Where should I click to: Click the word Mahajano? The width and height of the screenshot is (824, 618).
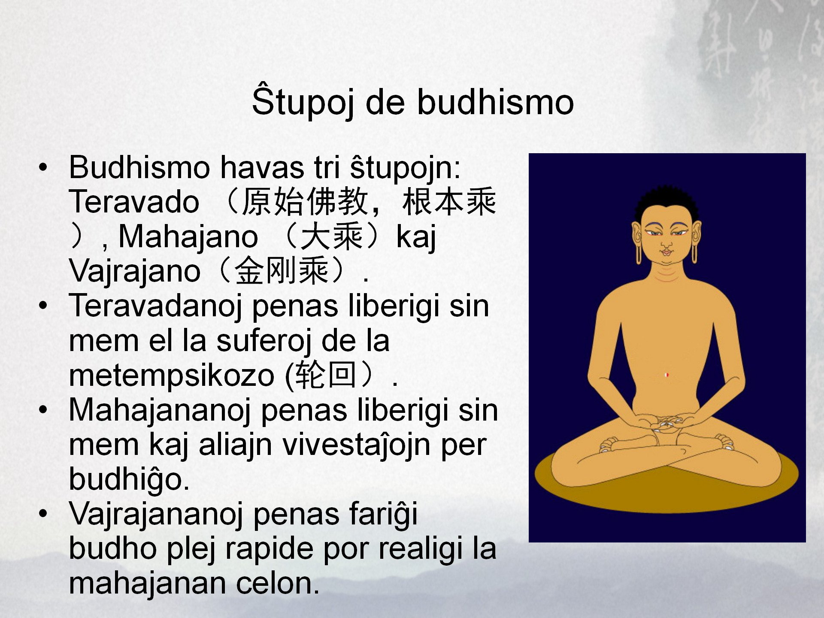tap(188, 236)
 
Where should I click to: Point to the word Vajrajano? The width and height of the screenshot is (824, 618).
tap(135, 271)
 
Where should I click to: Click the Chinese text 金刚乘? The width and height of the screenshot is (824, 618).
tap(282, 271)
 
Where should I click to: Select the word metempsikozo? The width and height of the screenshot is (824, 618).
tap(172, 376)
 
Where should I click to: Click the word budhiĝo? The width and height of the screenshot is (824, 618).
tap(129, 479)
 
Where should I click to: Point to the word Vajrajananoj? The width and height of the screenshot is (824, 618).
tap(157, 514)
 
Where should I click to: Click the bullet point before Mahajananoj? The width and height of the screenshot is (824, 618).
tap(42, 410)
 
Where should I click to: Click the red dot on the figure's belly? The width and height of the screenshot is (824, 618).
tap(666, 375)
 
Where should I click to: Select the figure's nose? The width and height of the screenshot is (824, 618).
tap(666, 244)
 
